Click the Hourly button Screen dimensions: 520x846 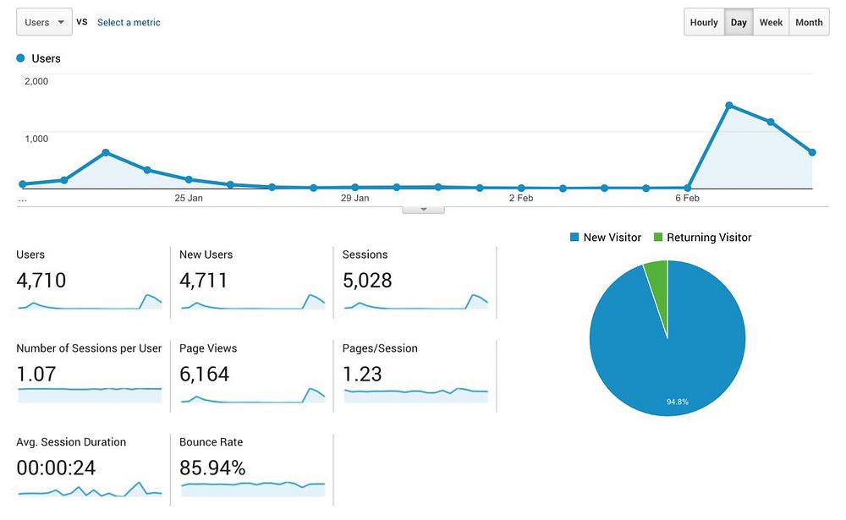click(x=704, y=23)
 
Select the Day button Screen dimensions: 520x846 click(x=739, y=23)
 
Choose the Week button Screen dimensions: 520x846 click(x=771, y=23)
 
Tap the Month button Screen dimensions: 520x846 click(x=809, y=23)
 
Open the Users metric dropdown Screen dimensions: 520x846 click(x=44, y=23)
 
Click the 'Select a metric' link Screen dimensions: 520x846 click(x=129, y=23)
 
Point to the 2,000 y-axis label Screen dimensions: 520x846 click(x=36, y=81)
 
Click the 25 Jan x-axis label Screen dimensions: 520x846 click(x=189, y=199)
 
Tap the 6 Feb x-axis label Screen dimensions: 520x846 click(x=687, y=199)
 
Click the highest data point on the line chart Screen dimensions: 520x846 click(x=728, y=106)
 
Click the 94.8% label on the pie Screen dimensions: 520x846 click(x=677, y=402)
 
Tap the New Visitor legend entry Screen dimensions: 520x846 click(x=606, y=238)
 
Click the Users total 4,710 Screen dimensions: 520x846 click(x=41, y=281)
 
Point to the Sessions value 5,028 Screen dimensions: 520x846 click(x=367, y=281)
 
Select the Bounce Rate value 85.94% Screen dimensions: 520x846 click(x=212, y=468)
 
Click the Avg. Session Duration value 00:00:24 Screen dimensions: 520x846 click(x=56, y=468)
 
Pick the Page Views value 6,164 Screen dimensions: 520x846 click(x=205, y=374)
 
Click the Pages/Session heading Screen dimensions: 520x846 click(x=380, y=348)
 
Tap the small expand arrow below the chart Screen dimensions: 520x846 click(x=424, y=209)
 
